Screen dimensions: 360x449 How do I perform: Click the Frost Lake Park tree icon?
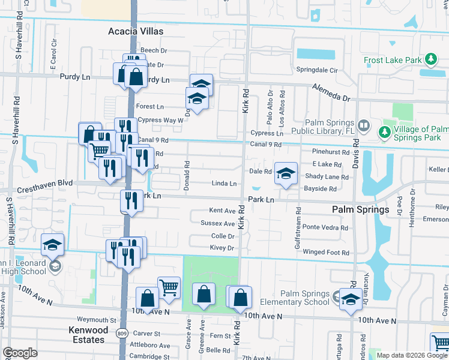[x=430, y=59]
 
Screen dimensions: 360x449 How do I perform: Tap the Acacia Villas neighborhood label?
[x=136, y=31]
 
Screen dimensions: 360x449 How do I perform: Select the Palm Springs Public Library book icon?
[x=363, y=125]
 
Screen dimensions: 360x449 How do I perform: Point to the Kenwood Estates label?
[x=88, y=335]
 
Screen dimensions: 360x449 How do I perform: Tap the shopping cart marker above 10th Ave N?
[x=169, y=287]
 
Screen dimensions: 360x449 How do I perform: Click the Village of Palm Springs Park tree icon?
[x=384, y=131]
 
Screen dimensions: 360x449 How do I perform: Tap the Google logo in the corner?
[x=20, y=353]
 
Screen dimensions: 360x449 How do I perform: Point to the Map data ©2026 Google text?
[x=412, y=355]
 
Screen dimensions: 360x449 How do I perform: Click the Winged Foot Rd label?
[x=325, y=253]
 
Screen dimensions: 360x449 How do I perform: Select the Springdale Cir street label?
[x=318, y=70]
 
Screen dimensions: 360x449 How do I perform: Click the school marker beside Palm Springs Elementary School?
[x=349, y=299]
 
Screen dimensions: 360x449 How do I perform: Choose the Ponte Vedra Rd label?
[x=325, y=228]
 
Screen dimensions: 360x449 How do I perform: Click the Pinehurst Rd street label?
[x=330, y=152]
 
